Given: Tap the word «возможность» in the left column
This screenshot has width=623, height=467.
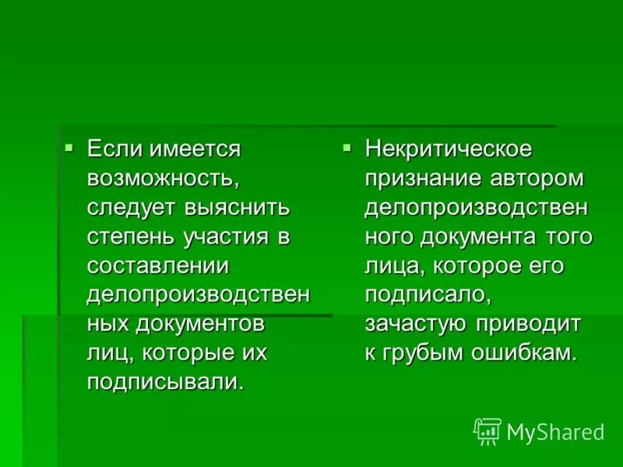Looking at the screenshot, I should pyautogui.click(x=161, y=178).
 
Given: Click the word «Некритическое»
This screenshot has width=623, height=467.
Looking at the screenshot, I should pyautogui.click(x=449, y=148).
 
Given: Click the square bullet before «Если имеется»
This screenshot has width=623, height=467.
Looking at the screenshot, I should pyautogui.click(x=69, y=146).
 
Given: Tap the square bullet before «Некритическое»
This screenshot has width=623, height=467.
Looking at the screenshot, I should pyautogui.click(x=348, y=146).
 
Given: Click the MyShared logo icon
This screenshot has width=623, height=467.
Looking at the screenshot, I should pyautogui.click(x=487, y=431).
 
